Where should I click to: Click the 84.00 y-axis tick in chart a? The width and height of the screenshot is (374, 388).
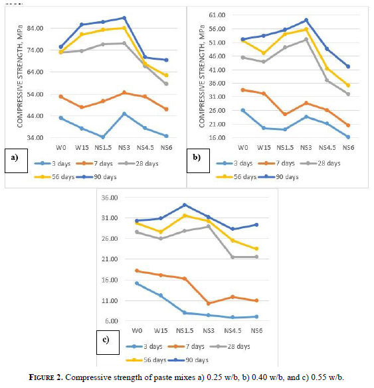[x=35, y=29]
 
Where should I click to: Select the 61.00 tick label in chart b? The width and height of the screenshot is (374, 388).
[x=217, y=15]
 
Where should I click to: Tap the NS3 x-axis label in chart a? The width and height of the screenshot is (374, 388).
[x=124, y=148]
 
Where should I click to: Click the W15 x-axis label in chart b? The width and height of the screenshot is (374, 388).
[x=264, y=148]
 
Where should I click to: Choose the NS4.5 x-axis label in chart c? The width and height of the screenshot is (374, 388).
[x=233, y=331]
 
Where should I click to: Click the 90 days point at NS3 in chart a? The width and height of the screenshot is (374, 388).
[x=124, y=18]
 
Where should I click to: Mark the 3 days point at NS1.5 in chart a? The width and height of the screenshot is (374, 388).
[x=103, y=137]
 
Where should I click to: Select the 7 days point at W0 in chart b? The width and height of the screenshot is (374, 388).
[x=243, y=90]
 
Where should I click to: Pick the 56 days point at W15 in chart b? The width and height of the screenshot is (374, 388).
[x=264, y=53]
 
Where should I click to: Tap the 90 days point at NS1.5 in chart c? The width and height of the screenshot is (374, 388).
[x=185, y=205]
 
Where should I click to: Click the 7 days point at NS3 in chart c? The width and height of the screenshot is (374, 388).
[x=209, y=303]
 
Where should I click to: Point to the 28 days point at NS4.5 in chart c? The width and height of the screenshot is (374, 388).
[x=233, y=257]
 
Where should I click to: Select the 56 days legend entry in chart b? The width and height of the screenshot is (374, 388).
[x=236, y=177]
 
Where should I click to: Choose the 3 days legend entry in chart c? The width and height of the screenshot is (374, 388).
[x=144, y=346]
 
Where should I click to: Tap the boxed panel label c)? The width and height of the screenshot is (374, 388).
[x=108, y=342]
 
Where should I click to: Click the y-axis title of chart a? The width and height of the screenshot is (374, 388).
[x=20, y=76]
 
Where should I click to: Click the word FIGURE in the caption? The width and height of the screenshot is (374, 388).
[x=45, y=377]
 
